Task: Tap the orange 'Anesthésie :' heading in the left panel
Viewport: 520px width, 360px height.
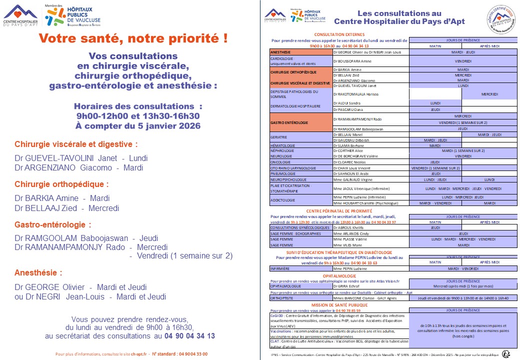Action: click(38, 273)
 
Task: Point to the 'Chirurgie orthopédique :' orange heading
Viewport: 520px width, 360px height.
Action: click(61, 184)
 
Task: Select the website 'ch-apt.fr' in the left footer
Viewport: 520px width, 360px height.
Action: click(138, 354)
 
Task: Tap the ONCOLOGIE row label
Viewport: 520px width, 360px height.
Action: click(280, 162)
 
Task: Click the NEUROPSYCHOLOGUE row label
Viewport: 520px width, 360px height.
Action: click(288, 179)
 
